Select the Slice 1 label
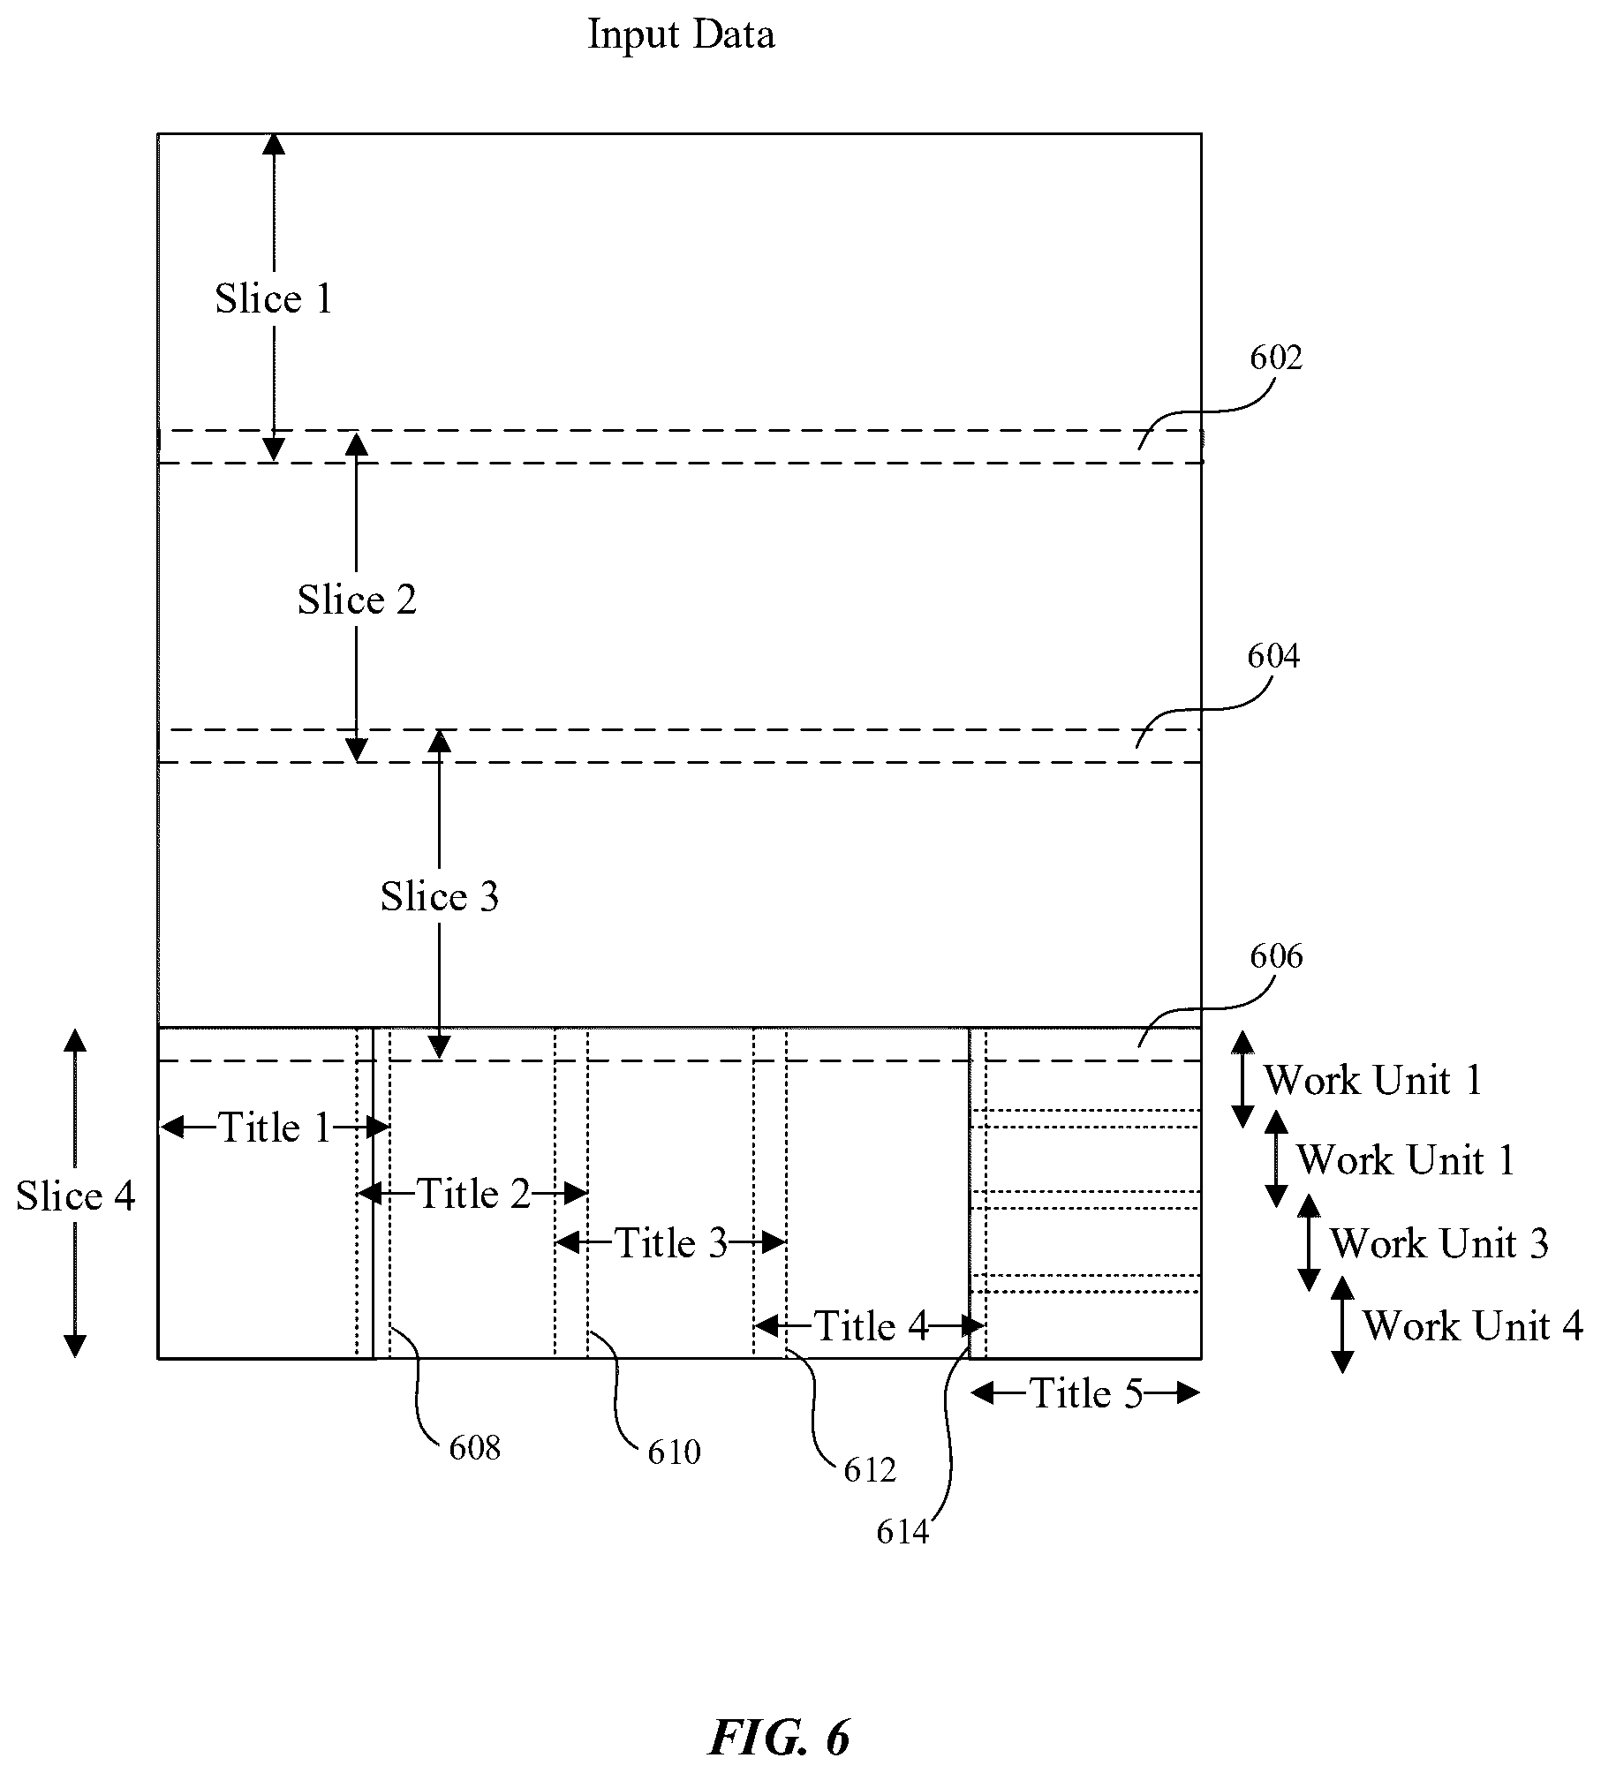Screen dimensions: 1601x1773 pyautogui.click(x=274, y=298)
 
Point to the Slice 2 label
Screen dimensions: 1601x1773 pyautogui.click(x=357, y=600)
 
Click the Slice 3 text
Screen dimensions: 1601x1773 pyautogui.click(x=440, y=897)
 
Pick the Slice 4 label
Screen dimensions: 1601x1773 pyautogui.click(x=76, y=1196)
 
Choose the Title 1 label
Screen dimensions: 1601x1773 pyautogui.click(x=275, y=1128)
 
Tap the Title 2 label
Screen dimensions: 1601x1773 pyautogui.click(x=473, y=1195)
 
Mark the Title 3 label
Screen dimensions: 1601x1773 pyautogui.click(x=671, y=1243)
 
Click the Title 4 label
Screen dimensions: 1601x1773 pyautogui.click(x=871, y=1325)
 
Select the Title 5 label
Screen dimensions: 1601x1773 pyautogui.click(x=1086, y=1393)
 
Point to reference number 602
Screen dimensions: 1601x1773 pyautogui.click(x=1276, y=358)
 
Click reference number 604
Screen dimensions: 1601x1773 pyautogui.click(x=1273, y=656)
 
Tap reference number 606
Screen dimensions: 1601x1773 pyautogui.click(x=1276, y=956)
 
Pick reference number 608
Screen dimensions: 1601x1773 pyautogui.click(x=475, y=1448)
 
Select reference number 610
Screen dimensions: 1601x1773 pyautogui.click(x=674, y=1452)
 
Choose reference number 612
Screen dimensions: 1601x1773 pyautogui.click(x=870, y=1470)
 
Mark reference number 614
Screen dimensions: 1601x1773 pyautogui.click(x=902, y=1532)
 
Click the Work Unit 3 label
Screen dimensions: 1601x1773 pyautogui.click(x=1439, y=1243)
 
